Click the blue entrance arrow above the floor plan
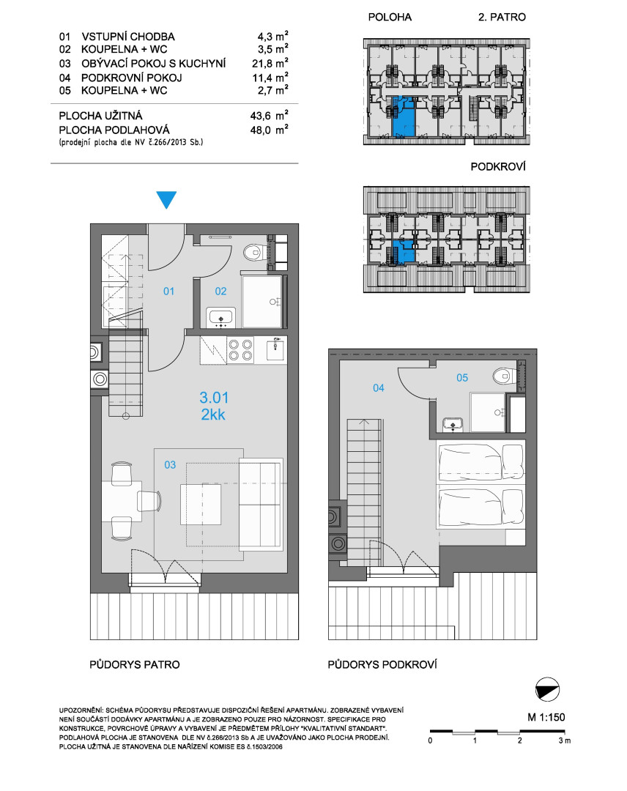tap(166, 198)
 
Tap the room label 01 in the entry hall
tap(168, 291)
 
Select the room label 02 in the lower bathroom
tap(220, 291)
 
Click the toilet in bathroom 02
tap(254, 252)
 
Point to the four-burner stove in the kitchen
tap(240, 350)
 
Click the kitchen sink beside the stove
tap(275, 349)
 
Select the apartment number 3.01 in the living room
tap(214, 398)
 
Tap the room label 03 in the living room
tap(170, 464)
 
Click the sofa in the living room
tap(260, 502)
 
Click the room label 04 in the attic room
tap(378, 387)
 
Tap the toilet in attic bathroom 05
tap(505, 375)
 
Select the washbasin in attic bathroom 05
tap(453, 425)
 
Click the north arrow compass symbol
tap(547, 690)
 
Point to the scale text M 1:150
tap(546, 717)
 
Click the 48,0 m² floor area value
tap(270, 130)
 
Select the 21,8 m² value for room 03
tap(270, 63)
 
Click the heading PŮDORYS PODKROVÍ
tap(382, 664)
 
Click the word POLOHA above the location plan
tap(390, 17)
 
